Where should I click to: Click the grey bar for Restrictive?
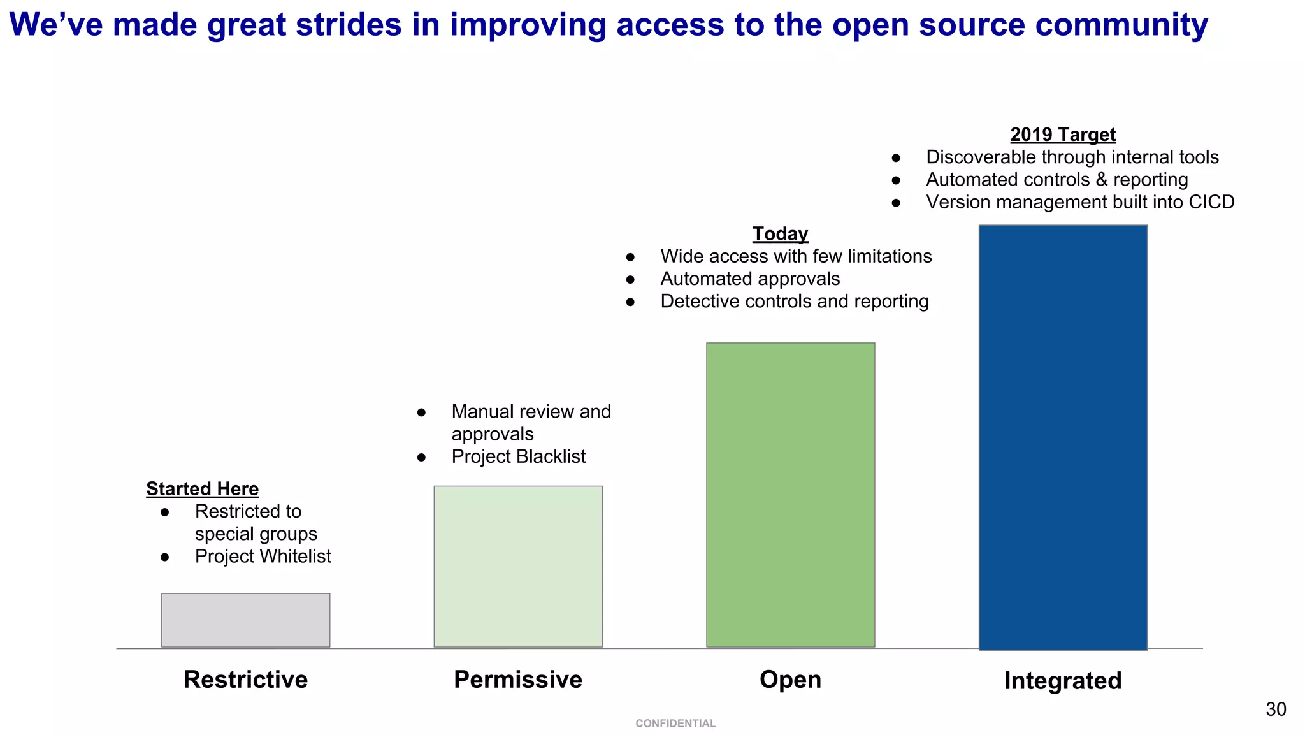point(245,620)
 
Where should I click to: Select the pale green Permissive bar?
point(518,566)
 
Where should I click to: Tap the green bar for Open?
point(790,495)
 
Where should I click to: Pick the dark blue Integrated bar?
point(1063,437)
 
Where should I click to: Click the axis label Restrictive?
point(245,680)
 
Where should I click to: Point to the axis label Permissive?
point(517,680)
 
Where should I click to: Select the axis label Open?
point(790,680)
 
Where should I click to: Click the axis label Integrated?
point(1062,681)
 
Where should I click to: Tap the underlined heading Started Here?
point(202,489)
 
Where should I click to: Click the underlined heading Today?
point(780,234)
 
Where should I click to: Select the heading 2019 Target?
point(1062,135)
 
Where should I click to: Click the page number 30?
point(1276,710)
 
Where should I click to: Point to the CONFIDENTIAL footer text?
point(675,724)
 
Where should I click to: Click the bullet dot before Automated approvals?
point(630,279)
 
